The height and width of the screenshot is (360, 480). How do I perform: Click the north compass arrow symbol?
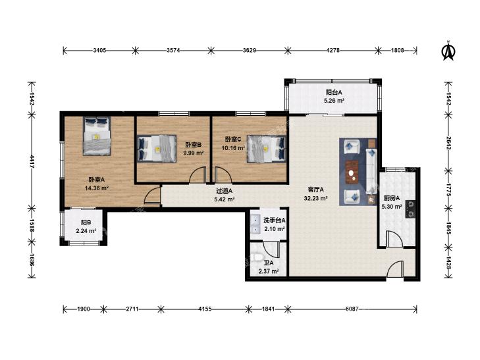[x=448, y=51]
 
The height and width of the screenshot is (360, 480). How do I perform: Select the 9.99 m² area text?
[x=194, y=153]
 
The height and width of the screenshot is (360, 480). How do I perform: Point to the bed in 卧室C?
[x=266, y=149]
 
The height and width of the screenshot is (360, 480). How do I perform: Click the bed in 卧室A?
[x=97, y=136]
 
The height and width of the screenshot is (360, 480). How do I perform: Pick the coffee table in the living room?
[x=353, y=172]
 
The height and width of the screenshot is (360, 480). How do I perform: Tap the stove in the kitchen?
[x=410, y=209]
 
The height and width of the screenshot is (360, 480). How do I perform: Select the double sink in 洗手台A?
[x=255, y=224]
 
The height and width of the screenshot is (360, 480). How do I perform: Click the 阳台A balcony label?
[x=334, y=92]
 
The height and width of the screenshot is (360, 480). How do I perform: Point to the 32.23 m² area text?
[x=316, y=198]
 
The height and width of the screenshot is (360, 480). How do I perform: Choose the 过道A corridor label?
[x=225, y=191]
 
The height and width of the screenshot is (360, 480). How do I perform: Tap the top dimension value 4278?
[x=333, y=51]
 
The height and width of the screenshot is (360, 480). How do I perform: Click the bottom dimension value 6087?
[x=352, y=309]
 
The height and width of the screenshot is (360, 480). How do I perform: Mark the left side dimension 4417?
[x=32, y=161]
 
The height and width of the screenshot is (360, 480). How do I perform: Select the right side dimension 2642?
[x=448, y=143]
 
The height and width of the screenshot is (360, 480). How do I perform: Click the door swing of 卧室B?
[x=198, y=175]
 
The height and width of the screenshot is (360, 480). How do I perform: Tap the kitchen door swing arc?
[x=394, y=238]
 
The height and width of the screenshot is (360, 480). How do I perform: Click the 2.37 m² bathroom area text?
[x=269, y=271]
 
